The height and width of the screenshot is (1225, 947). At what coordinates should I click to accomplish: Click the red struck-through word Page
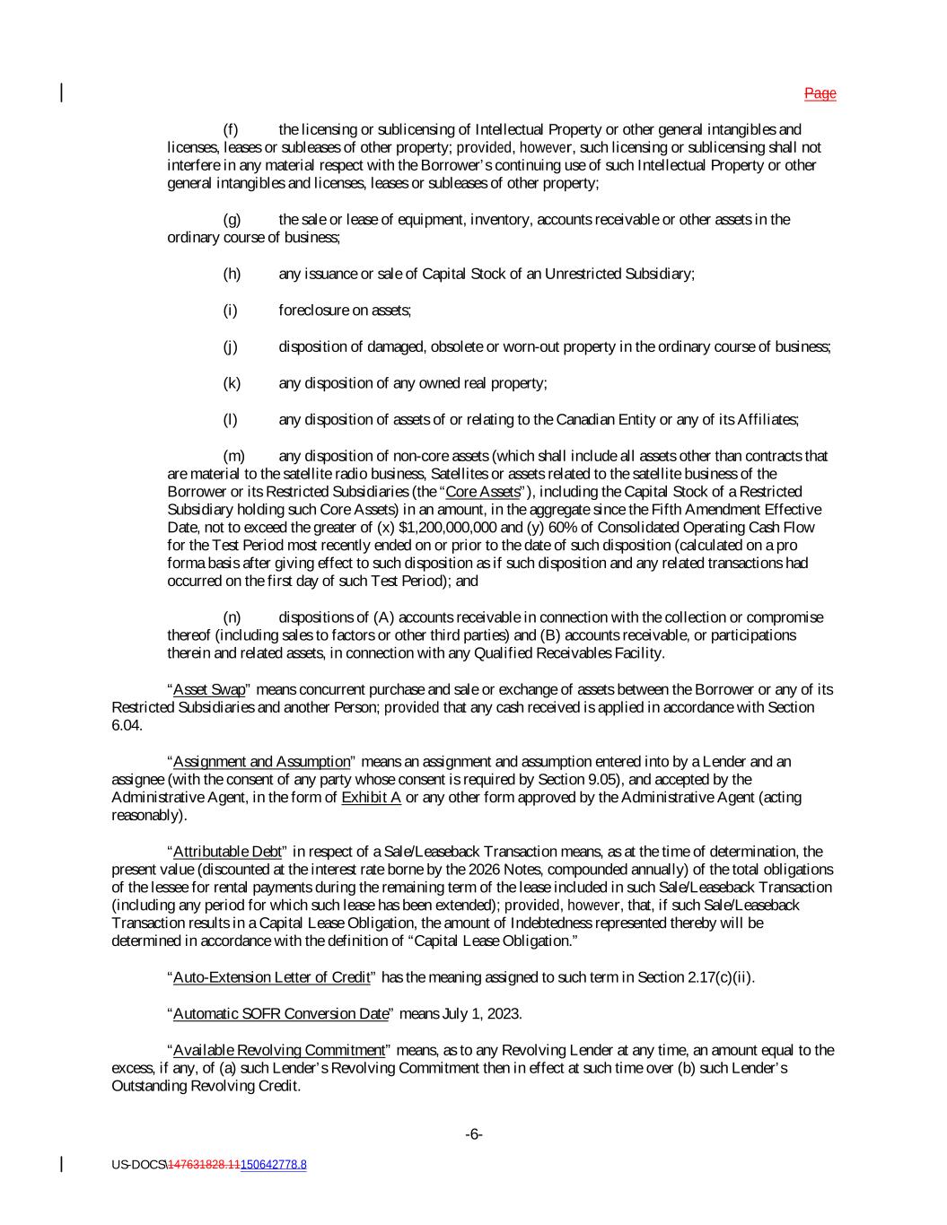(820, 93)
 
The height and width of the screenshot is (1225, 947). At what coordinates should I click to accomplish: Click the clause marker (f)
(231, 130)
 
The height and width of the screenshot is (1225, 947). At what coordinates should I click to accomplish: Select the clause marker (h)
(232, 274)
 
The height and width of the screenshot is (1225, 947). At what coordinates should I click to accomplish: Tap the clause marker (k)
(232, 383)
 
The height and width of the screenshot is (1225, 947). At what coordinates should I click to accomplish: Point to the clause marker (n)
(232, 617)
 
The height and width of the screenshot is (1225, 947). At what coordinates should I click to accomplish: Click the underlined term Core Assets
(483, 492)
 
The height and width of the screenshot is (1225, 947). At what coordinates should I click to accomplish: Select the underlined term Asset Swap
(208, 690)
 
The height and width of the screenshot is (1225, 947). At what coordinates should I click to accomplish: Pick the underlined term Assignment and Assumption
(261, 762)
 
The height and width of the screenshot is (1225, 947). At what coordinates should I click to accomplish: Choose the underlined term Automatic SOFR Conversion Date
(280, 1014)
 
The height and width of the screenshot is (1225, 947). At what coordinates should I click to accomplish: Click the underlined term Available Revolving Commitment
(278, 1050)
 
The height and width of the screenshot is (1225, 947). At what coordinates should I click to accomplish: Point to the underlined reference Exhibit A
(371, 798)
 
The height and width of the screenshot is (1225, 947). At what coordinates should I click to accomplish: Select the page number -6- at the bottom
(474, 1134)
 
